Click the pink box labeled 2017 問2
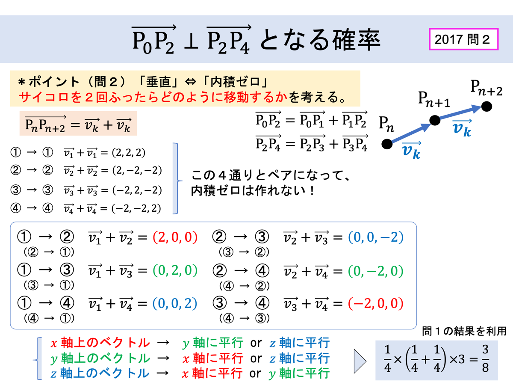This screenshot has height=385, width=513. point(464,39)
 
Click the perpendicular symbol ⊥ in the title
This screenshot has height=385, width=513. point(191,41)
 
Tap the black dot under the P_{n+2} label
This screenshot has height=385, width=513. point(486,107)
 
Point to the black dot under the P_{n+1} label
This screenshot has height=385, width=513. point(435,120)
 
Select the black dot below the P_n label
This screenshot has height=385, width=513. point(387,144)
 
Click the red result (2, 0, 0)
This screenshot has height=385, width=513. point(175,237)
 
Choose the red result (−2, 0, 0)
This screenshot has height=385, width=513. point(376,303)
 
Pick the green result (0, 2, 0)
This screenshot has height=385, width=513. point(175,270)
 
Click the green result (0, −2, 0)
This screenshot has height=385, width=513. point(376,271)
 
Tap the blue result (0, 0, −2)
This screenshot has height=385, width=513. point(376,237)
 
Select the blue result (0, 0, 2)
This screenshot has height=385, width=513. point(175,303)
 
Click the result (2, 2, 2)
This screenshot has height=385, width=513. point(129,153)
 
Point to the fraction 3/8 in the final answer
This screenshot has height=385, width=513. point(485,359)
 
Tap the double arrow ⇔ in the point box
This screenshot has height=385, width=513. point(191,82)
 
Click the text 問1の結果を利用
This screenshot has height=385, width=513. point(464,331)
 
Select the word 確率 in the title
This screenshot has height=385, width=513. point(357,40)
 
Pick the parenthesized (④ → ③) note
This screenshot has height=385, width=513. point(244,318)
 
